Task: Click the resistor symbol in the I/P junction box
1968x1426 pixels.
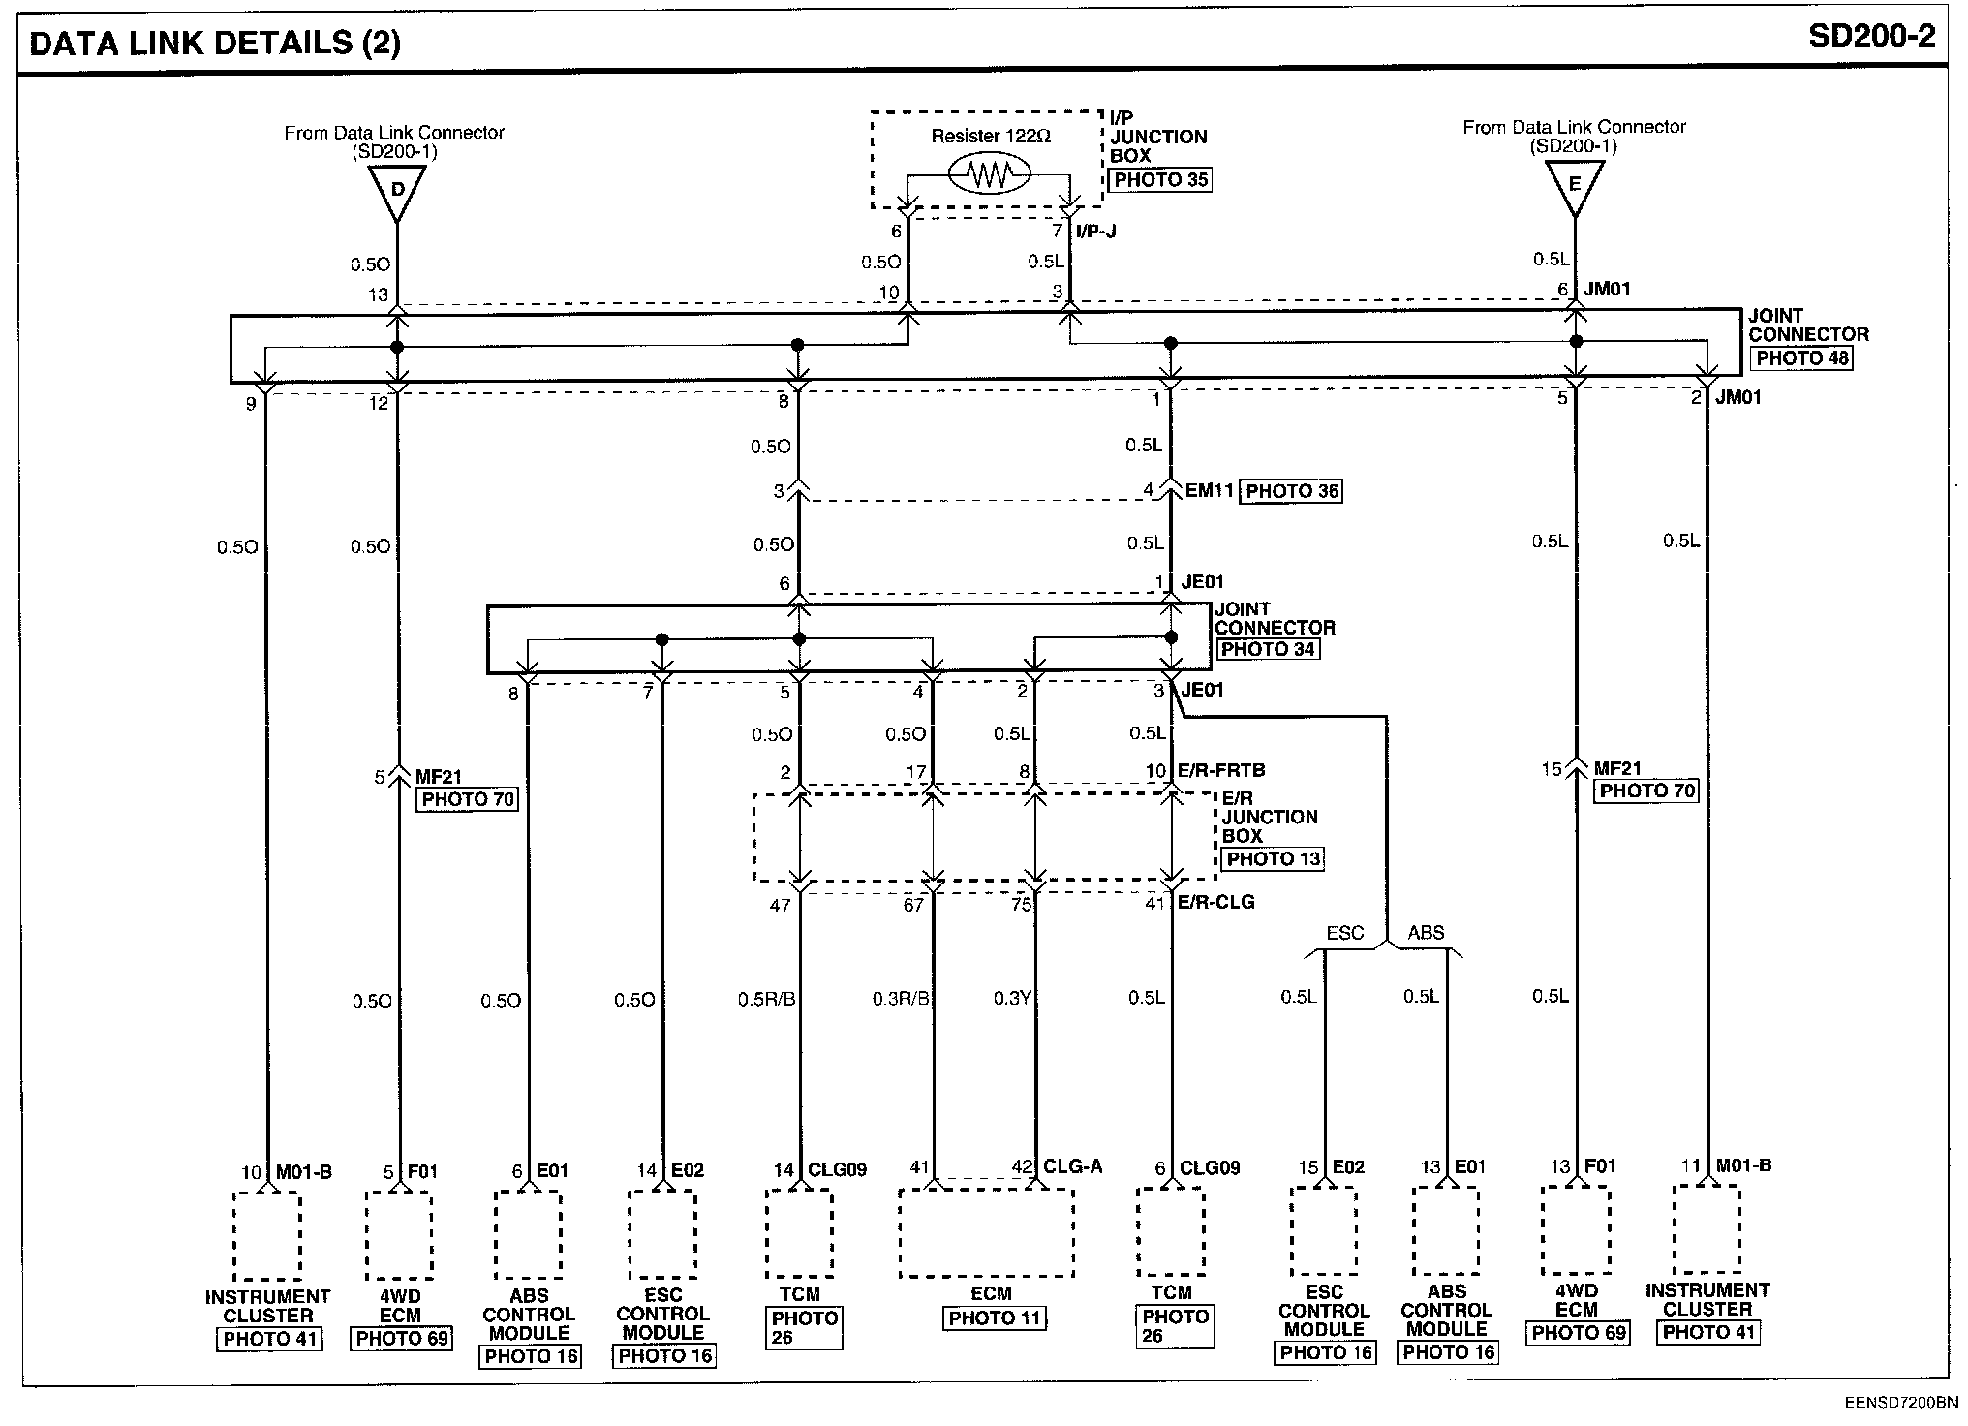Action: pos(988,174)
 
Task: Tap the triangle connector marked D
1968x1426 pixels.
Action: pos(397,187)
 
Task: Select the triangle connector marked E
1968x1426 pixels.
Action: pos(1574,183)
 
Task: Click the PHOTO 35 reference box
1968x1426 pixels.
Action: pos(1160,180)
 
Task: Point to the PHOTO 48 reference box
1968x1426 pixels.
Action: pos(1802,357)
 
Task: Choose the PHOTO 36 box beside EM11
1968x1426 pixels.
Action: pos(1292,491)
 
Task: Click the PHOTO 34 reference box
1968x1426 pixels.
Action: pos(1268,649)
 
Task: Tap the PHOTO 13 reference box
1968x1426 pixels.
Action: pos(1273,859)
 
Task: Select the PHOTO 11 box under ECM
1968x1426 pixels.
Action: pos(994,1317)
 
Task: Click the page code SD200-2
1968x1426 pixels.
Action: pos(1870,37)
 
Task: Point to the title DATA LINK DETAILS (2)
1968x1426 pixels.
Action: pos(215,43)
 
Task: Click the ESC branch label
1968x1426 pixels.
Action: pos(1344,933)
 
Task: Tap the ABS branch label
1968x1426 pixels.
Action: pos(1426,933)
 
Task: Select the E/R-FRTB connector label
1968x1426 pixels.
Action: pos(1221,771)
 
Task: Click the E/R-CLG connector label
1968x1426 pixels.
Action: pos(1216,902)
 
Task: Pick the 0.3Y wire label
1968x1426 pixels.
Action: pos(1011,998)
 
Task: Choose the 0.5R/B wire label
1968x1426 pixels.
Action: pos(766,998)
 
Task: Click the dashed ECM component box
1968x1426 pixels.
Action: pos(986,1233)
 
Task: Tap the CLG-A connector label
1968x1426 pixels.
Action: pos(1073,1167)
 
